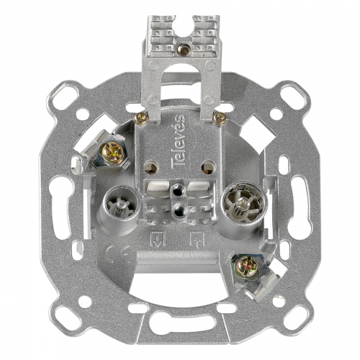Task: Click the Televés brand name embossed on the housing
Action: pyautogui.click(x=179, y=141)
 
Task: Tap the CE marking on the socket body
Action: pyautogui.click(x=118, y=255)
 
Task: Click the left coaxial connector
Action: pyautogui.click(x=120, y=206)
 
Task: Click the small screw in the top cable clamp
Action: pyautogui.click(x=184, y=50)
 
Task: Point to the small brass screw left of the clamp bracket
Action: pyautogui.click(x=141, y=118)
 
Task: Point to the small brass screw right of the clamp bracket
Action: pyautogui.click(x=220, y=118)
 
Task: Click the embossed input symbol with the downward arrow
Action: pyautogui.click(x=158, y=239)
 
